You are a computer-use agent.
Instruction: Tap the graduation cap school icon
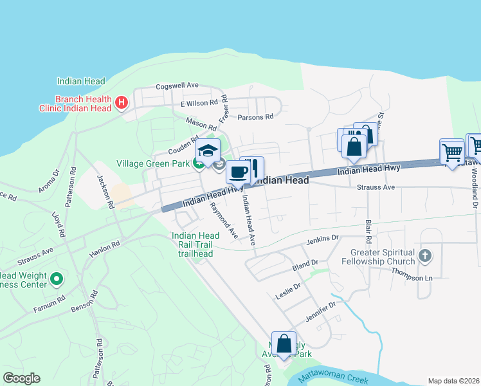(208, 151)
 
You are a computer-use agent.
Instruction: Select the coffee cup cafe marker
(238, 172)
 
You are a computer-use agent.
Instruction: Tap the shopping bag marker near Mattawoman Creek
(284, 344)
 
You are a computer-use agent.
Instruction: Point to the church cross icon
(424, 257)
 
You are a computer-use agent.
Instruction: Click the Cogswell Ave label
(177, 86)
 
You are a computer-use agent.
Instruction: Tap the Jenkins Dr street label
(322, 239)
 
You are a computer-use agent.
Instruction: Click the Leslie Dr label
(287, 289)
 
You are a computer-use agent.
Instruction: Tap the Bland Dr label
(305, 264)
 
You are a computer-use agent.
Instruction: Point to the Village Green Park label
(152, 163)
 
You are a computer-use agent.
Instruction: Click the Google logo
(21, 378)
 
